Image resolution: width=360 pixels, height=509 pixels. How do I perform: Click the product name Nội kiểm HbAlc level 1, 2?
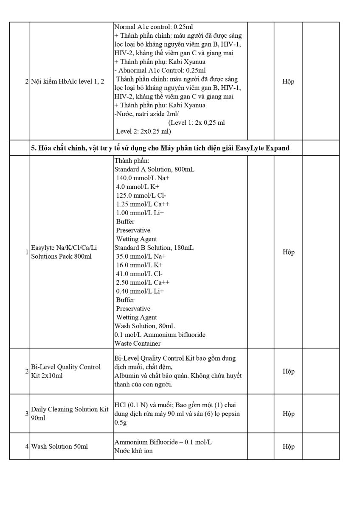[67, 81]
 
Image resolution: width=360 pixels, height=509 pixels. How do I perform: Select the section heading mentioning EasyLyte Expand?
[160, 148]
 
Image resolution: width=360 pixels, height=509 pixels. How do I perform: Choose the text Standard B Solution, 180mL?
[154, 248]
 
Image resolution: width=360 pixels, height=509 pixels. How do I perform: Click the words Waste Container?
[138, 343]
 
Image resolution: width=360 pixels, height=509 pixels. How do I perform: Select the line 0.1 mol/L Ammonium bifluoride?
[160, 335]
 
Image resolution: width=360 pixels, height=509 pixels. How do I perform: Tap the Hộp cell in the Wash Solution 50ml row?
[288, 446]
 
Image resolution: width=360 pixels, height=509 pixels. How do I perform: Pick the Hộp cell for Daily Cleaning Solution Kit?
[288, 414]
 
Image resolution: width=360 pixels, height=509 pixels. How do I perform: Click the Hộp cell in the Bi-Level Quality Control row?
[288, 371]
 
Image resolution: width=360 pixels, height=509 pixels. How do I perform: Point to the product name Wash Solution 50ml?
[59, 446]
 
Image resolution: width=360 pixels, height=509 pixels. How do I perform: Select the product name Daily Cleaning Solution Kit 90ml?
[70, 414]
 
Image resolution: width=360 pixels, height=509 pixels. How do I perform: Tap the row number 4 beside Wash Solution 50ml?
[27, 446]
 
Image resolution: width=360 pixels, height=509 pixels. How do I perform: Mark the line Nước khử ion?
[133, 451]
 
